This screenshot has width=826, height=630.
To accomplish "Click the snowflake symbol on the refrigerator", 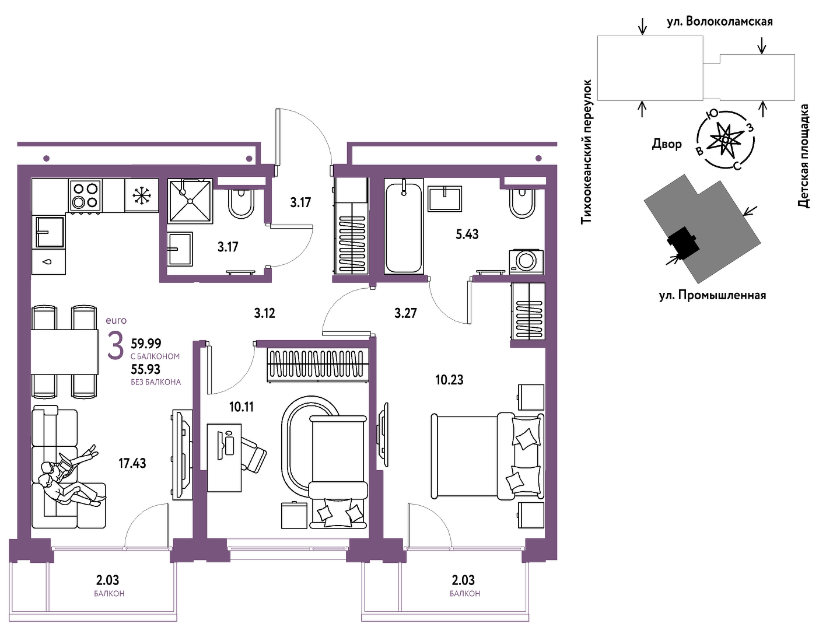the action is (142, 195).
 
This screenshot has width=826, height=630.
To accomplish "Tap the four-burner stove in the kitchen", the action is (85, 195).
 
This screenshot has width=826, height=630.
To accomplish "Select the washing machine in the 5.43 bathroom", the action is (526, 261).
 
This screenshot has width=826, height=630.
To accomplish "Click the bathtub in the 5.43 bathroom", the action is (404, 226).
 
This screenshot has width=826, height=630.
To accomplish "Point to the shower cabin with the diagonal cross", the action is (190, 201).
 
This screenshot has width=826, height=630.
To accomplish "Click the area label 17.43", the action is (132, 463).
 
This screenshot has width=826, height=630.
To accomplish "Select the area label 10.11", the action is (242, 407).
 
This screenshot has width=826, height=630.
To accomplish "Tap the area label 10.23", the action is (449, 380).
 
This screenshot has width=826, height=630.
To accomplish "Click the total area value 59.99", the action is (146, 343).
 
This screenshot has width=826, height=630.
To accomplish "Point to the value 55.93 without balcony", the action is (146, 369).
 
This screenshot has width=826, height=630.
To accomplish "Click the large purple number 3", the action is (116, 346).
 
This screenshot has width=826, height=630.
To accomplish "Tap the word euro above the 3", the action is (116, 321).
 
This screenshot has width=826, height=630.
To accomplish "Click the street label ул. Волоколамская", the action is (720, 22).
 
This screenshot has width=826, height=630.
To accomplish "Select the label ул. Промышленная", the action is (712, 295).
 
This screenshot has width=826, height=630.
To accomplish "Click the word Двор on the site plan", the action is (666, 144).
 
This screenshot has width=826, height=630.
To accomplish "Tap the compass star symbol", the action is (725, 139).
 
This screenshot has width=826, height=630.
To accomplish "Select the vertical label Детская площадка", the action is (803, 156).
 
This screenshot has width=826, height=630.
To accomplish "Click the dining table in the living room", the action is (64, 352).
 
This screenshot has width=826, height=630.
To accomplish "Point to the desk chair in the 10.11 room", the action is (253, 452).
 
